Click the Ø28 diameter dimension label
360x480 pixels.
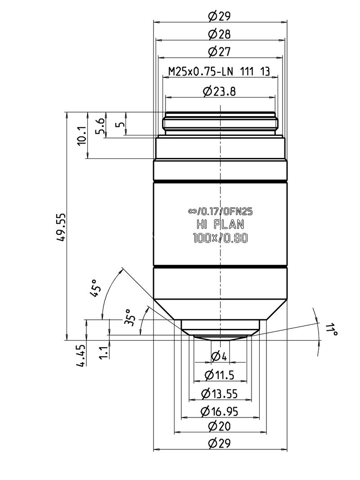pyautogui.click(x=220, y=34)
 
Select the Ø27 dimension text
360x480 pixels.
pyautogui.click(x=220, y=52)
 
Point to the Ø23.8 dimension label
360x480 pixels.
pyautogui.click(x=220, y=92)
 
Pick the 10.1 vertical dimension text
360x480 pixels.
pyautogui.click(x=81, y=135)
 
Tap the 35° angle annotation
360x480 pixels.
pyautogui.click(x=130, y=317)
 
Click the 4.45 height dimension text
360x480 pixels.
pyautogui.click(x=81, y=356)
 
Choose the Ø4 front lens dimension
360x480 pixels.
pyautogui.click(x=220, y=357)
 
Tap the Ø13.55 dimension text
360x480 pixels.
pyautogui.click(x=220, y=394)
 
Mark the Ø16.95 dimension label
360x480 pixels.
pyautogui.click(x=220, y=411)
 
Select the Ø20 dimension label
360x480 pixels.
pyautogui.click(x=220, y=426)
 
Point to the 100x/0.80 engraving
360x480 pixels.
pyautogui.click(x=220, y=239)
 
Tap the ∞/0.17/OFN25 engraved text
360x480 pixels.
pyautogui.click(x=220, y=210)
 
